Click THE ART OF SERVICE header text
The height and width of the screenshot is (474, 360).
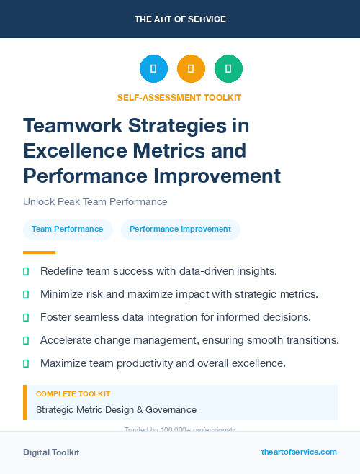[x=179, y=19]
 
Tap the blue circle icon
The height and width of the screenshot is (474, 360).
[x=153, y=68]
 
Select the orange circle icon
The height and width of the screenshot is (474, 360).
[x=191, y=68]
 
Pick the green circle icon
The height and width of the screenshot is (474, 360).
[x=228, y=68]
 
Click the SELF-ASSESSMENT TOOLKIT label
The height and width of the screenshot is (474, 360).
[x=179, y=97]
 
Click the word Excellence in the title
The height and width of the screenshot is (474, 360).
[x=75, y=151]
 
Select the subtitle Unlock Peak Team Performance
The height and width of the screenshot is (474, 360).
[x=95, y=202]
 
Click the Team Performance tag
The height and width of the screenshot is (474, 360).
[x=68, y=229]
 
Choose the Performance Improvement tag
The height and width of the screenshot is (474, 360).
[x=180, y=229]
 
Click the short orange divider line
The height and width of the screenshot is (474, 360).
[x=39, y=252]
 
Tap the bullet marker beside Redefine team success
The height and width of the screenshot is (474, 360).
[x=26, y=272]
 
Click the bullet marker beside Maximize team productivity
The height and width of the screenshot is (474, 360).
[x=26, y=364]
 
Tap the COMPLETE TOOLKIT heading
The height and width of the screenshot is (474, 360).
[x=73, y=394]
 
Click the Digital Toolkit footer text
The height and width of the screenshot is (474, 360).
[x=51, y=452]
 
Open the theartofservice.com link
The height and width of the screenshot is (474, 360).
[x=299, y=452]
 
